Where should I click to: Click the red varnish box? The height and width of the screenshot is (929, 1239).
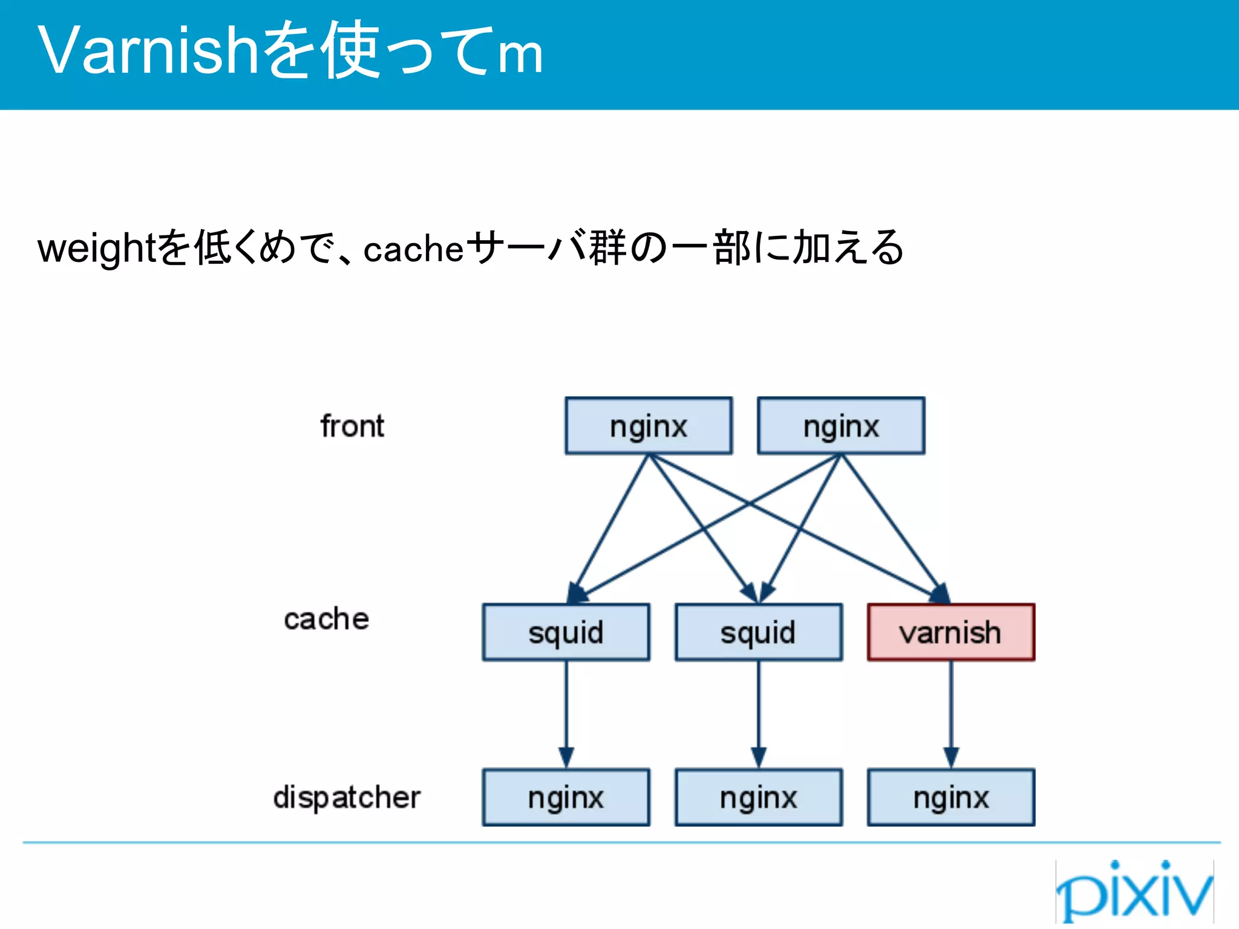click(x=950, y=632)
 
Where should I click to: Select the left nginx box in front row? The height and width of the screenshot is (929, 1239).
click(x=649, y=426)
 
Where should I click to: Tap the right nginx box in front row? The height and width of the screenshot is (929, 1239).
click(x=841, y=426)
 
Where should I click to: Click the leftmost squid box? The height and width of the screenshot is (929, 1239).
click(x=566, y=632)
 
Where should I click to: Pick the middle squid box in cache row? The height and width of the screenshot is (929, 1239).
click(x=758, y=632)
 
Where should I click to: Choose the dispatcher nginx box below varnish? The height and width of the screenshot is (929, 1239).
click(x=950, y=797)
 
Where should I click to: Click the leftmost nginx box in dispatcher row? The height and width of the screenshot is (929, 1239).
click(x=566, y=797)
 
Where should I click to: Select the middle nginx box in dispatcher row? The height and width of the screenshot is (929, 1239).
click(x=758, y=797)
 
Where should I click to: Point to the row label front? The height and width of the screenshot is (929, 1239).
click(x=352, y=426)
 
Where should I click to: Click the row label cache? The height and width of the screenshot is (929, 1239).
click(x=326, y=619)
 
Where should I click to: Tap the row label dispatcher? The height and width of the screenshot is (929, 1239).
click(x=346, y=797)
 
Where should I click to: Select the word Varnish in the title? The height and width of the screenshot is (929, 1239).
click(x=148, y=51)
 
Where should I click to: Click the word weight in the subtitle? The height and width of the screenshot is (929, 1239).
click(x=97, y=249)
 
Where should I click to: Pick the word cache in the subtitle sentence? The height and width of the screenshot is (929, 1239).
click(x=413, y=249)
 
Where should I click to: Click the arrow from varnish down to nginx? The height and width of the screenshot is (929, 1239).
click(x=950, y=714)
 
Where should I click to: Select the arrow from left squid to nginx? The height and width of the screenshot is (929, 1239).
click(x=566, y=714)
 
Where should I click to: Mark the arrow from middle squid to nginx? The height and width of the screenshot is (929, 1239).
click(x=759, y=714)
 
